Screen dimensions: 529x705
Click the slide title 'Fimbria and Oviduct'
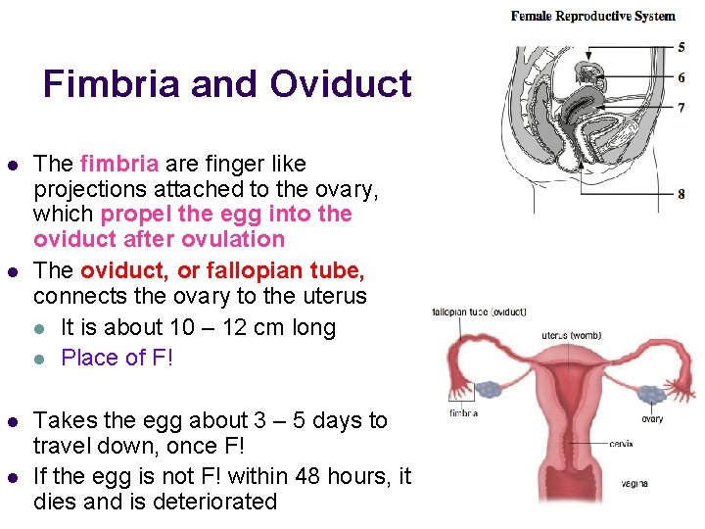[x=227, y=84]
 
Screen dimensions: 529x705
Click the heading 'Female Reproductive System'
[x=592, y=16]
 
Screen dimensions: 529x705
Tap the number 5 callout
[x=681, y=47]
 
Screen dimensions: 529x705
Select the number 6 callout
[x=681, y=77]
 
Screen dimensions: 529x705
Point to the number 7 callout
[x=681, y=108]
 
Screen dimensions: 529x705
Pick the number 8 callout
[x=681, y=194]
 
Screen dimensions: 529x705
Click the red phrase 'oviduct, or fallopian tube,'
[x=222, y=269]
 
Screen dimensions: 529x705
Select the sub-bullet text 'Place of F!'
[x=117, y=358]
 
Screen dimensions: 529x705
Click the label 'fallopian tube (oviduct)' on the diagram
[x=479, y=313]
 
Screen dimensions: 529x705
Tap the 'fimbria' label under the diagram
[x=463, y=414]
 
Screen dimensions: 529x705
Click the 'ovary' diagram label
[x=652, y=419]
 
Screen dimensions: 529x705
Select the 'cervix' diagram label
[x=620, y=444]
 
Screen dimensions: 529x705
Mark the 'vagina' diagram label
[x=634, y=483]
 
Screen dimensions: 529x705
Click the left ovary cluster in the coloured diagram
[x=488, y=389]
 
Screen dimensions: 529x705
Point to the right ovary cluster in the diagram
[x=650, y=394]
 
